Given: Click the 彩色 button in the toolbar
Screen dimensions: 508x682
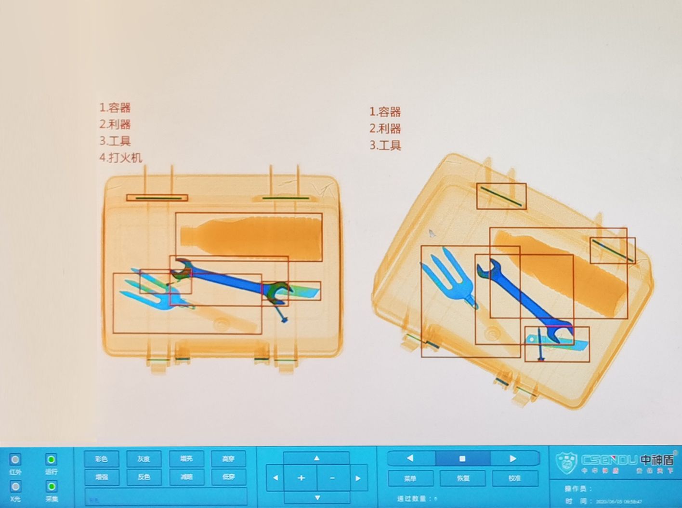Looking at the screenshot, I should pyautogui.click(x=101, y=459).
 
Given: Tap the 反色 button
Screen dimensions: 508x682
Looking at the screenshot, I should pyautogui.click(x=144, y=477).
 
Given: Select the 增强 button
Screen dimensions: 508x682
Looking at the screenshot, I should pyautogui.click(x=101, y=477).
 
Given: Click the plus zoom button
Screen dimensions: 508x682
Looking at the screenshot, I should pyautogui.click(x=301, y=478).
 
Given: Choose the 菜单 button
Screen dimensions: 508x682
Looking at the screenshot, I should pyautogui.click(x=410, y=479).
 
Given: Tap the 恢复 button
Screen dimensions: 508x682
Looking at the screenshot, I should pyautogui.click(x=463, y=479).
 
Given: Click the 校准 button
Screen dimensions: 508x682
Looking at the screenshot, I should pyautogui.click(x=515, y=479).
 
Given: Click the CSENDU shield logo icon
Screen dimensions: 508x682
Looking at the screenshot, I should pyautogui.click(x=567, y=463).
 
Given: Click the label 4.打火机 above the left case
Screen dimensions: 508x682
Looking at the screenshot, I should pyautogui.click(x=121, y=158).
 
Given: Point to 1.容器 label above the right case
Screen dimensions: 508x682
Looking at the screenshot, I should pyautogui.click(x=385, y=112).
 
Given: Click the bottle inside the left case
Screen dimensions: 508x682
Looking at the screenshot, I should pyautogui.click(x=250, y=237).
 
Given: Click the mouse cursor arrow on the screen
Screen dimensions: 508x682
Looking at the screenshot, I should pyautogui.click(x=432, y=233).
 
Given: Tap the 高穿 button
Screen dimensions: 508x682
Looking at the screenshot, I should pyautogui.click(x=228, y=459).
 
